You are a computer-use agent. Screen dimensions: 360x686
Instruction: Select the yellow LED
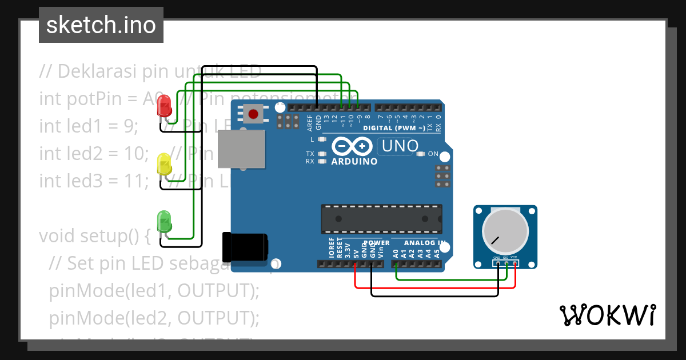[164, 164]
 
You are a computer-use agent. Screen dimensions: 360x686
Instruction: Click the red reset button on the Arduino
[253, 114]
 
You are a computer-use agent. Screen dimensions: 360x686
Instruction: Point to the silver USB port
[241, 149]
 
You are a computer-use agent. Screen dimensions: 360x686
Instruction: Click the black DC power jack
[245, 247]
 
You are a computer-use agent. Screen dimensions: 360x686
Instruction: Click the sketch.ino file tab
[101, 25]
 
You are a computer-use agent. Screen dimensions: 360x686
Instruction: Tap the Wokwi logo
[607, 315]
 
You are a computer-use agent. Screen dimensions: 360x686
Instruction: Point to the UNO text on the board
[400, 146]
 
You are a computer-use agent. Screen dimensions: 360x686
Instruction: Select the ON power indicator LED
[421, 154]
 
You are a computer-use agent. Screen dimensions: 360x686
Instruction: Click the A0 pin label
[396, 253]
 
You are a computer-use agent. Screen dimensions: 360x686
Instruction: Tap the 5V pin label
[356, 252]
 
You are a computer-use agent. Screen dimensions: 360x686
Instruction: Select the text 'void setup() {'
[95, 235]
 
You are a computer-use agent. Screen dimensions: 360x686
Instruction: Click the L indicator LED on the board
[321, 139]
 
